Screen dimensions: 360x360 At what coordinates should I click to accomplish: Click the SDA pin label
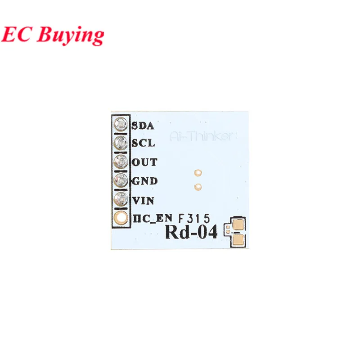pyautogui.click(x=143, y=125)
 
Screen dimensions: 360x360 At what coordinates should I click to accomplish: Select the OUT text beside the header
pyautogui.click(x=144, y=162)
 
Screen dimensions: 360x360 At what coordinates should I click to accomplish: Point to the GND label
pyautogui.click(x=144, y=181)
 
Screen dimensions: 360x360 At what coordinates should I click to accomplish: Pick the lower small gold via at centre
pyautogui.click(x=197, y=186)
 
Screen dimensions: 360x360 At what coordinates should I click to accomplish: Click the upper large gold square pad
pyautogui.click(x=238, y=225)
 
